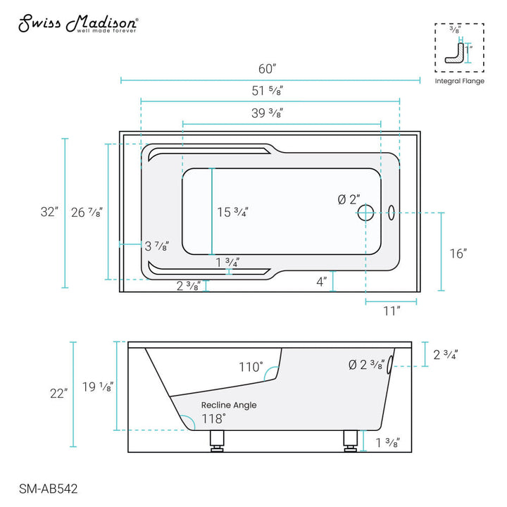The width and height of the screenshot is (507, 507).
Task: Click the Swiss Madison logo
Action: coord(77,25)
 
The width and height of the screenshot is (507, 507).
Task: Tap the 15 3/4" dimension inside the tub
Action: coord(232,212)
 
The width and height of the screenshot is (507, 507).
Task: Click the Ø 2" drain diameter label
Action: coord(349,200)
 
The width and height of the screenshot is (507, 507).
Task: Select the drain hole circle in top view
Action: coord(365,211)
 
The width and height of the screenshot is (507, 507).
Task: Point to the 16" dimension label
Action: coord(458,254)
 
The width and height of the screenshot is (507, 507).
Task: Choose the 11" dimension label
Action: coord(392,310)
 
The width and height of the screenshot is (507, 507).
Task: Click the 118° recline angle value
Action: coord(214,418)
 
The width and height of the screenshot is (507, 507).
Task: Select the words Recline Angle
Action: coord(229,405)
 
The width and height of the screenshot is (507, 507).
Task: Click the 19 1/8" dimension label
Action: coord(98,387)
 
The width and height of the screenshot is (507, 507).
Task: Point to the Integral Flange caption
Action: coord(459,82)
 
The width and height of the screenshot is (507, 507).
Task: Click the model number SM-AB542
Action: coord(47,486)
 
